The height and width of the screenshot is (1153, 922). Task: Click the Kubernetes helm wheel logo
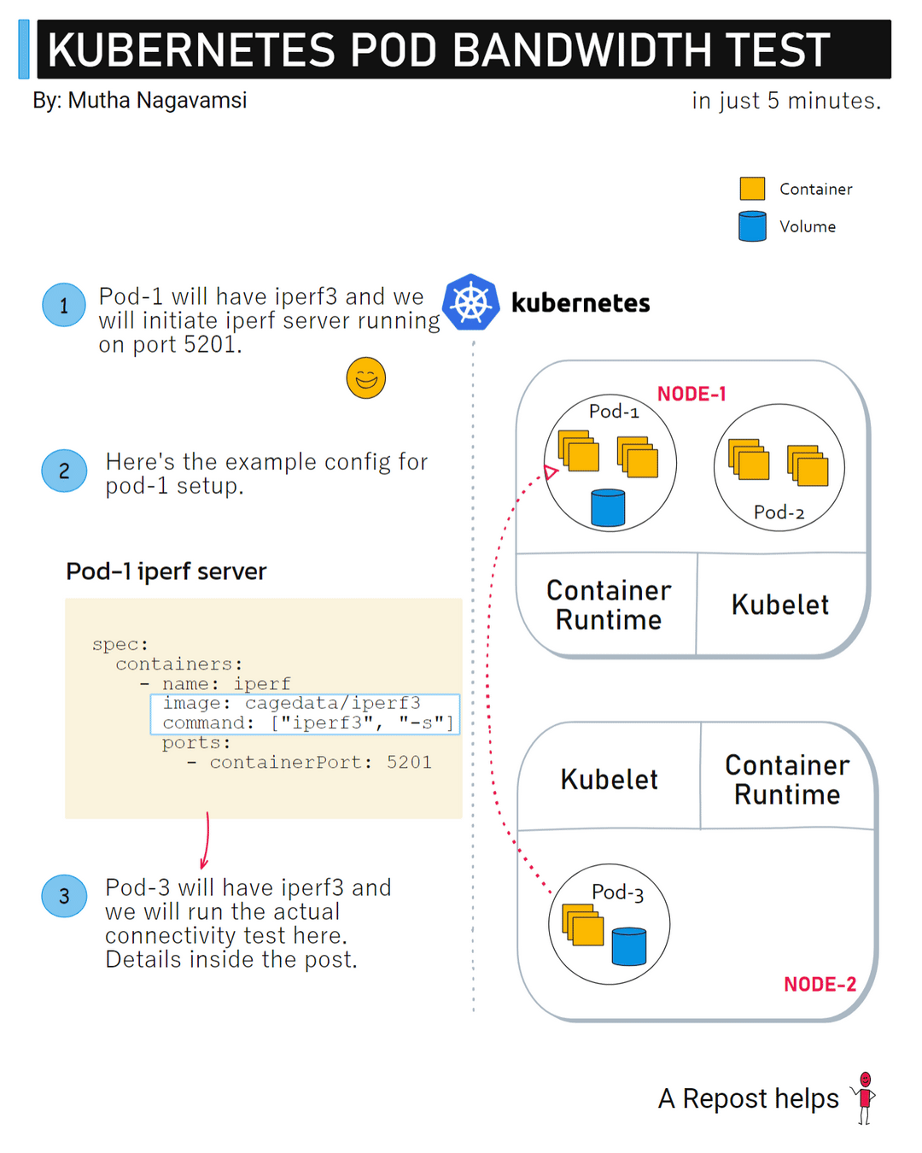(x=470, y=302)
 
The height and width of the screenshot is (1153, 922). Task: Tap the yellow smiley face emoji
(x=366, y=378)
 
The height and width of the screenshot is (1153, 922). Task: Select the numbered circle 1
(x=64, y=305)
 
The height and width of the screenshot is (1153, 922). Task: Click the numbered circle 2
(x=64, y=471)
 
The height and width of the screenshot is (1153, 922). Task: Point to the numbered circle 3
(x=64, y=896)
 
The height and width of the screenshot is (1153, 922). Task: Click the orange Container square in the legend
(x=752, y=189)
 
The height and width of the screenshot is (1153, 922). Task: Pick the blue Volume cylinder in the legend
(x=752, y=226)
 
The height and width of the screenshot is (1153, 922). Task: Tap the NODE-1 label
(x=691, y=394)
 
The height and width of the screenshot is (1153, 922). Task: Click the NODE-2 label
(x=820, y=985)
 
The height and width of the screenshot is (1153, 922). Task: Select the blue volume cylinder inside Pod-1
(x=608, y=507)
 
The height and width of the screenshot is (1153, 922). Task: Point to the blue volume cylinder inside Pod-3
(x=629, y=946)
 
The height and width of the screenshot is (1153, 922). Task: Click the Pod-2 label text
(x=779, y=512)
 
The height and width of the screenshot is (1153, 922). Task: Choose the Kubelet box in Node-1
(x=779, y=605)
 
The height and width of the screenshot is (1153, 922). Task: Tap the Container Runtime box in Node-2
(x=787, y=779)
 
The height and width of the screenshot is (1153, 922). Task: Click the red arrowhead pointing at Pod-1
(x=551, y=471)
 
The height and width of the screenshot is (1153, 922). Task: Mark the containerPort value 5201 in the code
(x=409, y=762)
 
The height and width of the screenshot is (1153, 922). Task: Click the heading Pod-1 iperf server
(x=166, y=571)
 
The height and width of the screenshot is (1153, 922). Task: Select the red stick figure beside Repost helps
(x=865, y=1097)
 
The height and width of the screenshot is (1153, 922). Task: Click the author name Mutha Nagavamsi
(x=157, y=101)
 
